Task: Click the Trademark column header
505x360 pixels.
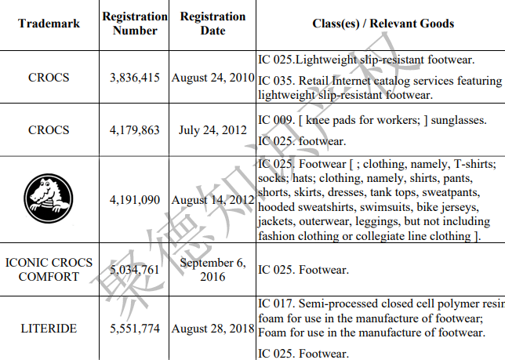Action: click(49, 24)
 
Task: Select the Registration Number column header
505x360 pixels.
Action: click(135, 24)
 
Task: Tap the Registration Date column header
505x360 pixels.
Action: click(213, 24)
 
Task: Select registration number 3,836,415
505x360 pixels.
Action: click(135, 78)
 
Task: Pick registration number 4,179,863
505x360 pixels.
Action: click(135, 130)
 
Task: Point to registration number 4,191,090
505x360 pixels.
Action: click(135, 200)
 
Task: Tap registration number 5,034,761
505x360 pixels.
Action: click(135, 270)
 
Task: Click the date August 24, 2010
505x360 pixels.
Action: click(213, 78)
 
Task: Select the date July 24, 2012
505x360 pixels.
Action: click(213, 130)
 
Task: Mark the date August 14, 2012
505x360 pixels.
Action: click(213, 200)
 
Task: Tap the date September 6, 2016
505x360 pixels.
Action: click(213, 270)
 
